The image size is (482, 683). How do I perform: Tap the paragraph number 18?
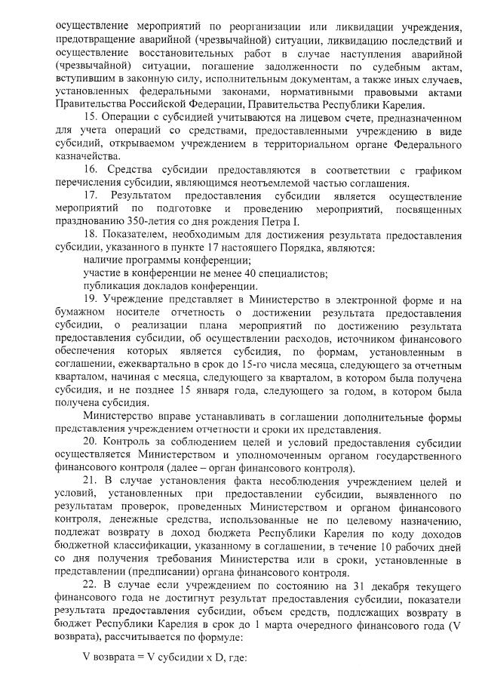[91, 236]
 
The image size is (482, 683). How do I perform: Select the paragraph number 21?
[91, 481]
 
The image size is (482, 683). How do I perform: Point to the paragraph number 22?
[91, 583]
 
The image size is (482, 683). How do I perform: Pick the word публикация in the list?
[113, 286]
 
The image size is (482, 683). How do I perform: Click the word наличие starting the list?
[105, 260]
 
